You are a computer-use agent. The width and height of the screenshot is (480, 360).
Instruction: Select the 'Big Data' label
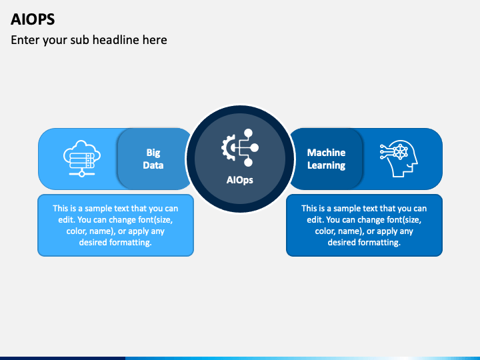153,159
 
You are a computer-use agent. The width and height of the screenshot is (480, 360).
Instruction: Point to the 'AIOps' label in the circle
240,180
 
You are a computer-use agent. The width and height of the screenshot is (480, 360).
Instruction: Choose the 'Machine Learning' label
326,159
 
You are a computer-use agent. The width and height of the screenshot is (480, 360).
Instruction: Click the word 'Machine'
326,153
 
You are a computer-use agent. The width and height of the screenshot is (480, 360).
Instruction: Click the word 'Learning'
326,165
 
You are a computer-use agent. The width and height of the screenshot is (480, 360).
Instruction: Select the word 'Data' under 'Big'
153,165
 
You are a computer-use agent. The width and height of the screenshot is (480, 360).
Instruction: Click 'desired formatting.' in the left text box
115,243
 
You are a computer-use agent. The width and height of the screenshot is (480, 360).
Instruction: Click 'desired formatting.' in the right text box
364,243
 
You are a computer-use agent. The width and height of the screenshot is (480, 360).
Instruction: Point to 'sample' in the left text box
97,209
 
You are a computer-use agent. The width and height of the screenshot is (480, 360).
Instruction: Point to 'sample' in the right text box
345,209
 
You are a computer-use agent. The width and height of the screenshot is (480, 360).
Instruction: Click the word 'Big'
153,153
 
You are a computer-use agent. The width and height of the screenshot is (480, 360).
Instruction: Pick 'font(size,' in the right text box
403,220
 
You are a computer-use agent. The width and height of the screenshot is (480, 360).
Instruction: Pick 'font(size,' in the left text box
154,220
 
